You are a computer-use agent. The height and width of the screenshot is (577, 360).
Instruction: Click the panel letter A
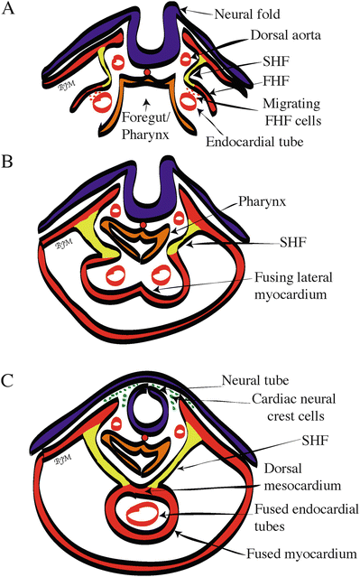click(x=8, y=8)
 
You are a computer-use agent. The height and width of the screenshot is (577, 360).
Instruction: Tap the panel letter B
click(x=7, y=161)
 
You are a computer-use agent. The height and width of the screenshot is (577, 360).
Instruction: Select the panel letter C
click(x=7, y=380)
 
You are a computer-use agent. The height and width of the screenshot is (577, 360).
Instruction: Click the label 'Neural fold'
click(x=247, y=14)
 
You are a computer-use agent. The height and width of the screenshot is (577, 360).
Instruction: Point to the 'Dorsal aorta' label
click(x=286, y=35)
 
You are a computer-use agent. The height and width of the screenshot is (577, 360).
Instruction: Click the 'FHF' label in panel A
click(x=276, y=80)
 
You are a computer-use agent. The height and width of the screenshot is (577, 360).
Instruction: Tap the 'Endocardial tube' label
click(x=254, y=142)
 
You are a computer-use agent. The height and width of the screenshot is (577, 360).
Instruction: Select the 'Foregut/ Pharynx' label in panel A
click(x=145, y=126)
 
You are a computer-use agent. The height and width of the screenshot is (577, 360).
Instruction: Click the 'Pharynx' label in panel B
click(x=263, y=201)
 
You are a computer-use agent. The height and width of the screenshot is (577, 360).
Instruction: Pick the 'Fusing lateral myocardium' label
click(x=293, y=286)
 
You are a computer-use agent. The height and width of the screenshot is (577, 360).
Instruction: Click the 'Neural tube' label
click(x=255, y=380)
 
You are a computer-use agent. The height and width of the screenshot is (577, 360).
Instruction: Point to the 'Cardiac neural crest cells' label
click(x=294, y=407)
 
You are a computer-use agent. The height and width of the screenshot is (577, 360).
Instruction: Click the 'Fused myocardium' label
click(x=301, y=554)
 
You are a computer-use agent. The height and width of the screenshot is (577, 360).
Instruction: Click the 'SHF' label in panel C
click(x=315, y=440)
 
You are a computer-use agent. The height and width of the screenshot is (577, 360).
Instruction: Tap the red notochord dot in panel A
click(x=147, y=72)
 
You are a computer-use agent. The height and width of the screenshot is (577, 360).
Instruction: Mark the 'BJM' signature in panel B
click(x=65, y=243)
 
